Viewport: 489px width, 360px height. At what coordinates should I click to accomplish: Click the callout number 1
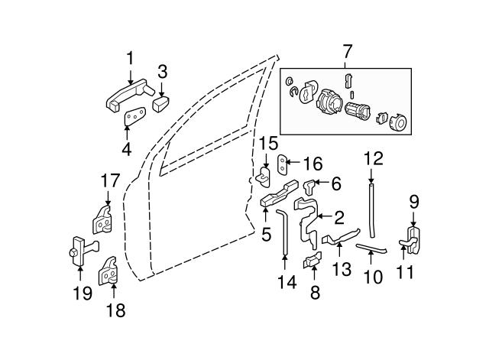point(130,57)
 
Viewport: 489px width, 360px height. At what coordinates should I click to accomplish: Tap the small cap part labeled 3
point(160,103)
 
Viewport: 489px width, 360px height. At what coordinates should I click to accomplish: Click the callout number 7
point(348,52)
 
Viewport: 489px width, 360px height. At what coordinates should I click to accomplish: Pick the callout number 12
point(372,159)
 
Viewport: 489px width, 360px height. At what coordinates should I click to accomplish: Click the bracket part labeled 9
point(413,238)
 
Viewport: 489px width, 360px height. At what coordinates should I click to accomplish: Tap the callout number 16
point(314,164)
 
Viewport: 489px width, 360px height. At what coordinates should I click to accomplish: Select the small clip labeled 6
point(309,184)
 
